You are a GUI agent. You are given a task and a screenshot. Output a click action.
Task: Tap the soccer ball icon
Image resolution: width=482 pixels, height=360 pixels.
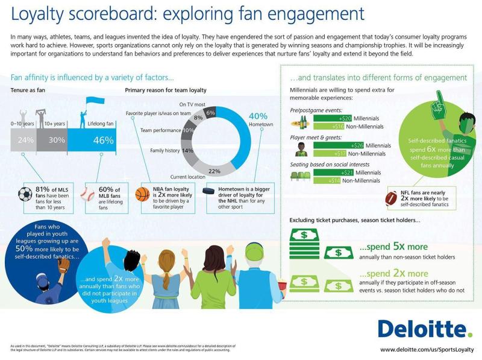(25, 194)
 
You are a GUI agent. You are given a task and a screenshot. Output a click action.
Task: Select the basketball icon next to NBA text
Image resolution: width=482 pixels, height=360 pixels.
(142, 194)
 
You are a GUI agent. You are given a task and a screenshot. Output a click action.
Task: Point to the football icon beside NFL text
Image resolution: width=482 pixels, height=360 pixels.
(392, 197)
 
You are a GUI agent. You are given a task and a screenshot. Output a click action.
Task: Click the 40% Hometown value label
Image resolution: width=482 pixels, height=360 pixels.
(258, 116)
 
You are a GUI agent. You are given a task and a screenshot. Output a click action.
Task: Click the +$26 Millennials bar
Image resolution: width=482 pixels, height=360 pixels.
(334, 145)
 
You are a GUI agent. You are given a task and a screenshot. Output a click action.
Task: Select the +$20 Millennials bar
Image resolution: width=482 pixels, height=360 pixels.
(333, 118)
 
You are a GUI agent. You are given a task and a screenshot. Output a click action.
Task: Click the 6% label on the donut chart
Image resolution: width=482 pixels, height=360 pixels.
(210, 112)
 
